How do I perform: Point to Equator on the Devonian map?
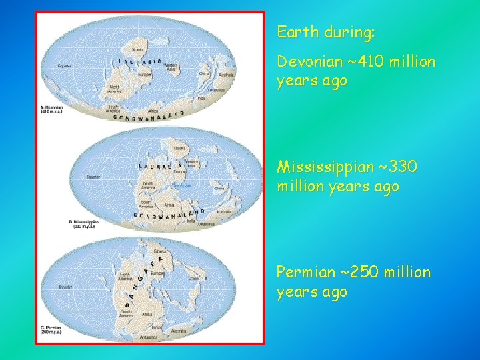64,66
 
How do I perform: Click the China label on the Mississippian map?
217,189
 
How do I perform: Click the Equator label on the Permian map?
64,286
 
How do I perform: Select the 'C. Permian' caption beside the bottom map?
51,329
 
